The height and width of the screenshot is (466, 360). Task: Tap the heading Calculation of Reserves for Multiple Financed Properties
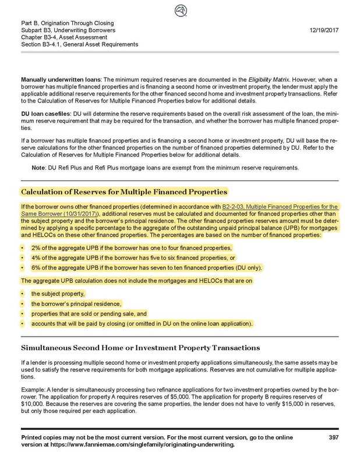click(124, 191)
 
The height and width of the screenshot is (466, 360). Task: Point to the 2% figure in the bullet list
click(36, 248)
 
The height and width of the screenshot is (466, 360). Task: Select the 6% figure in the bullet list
click(36, 267)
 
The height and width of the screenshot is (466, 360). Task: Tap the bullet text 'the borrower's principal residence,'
click(76, 303)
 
